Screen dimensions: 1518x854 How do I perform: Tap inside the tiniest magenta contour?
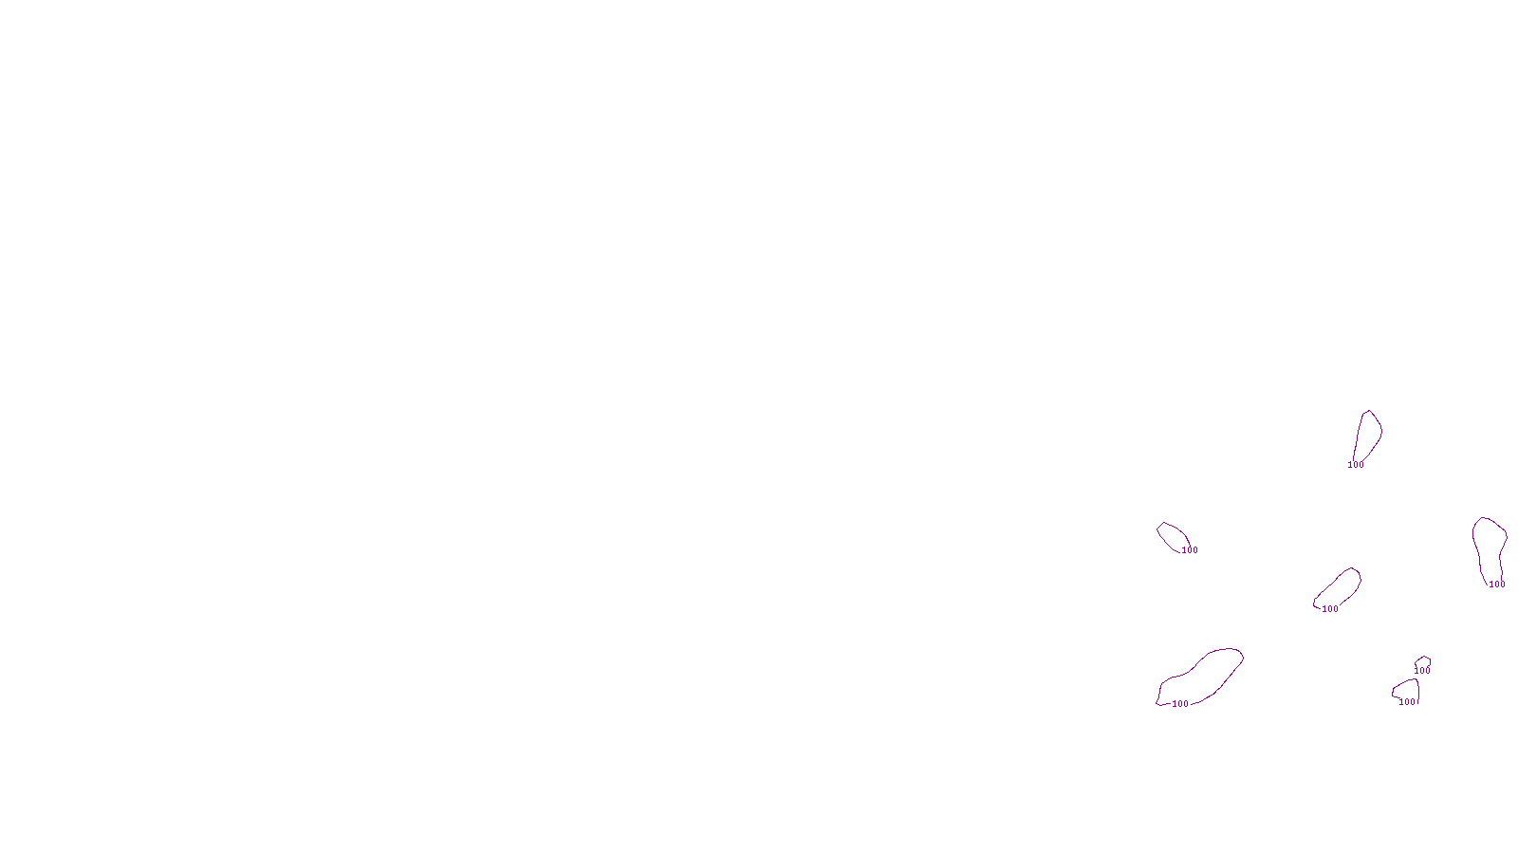[1422, 661]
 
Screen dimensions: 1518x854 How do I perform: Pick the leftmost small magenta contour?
[1173, 536]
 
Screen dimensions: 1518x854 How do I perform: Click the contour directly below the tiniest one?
[1407, 690]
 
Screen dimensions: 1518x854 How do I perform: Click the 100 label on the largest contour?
[1180, 704]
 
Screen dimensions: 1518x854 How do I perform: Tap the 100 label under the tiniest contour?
[1422, 671]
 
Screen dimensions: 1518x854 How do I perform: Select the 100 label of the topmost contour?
[1356, 465]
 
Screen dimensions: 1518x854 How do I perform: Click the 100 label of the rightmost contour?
[1497, 585]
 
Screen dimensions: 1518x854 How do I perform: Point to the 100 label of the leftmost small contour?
[1190, 550]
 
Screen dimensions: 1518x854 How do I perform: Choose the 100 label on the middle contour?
[1330, 609]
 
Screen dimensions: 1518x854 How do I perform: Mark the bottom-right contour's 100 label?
[1407, 702]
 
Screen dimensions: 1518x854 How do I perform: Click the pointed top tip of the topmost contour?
[1369, 411]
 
